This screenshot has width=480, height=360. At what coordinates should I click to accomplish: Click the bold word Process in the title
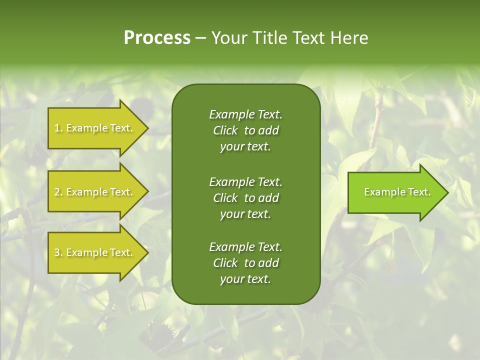pos(157,38)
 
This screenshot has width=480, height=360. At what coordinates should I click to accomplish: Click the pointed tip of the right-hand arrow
pos(447,192)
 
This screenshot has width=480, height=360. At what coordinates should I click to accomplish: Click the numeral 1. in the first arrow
pos(58,128)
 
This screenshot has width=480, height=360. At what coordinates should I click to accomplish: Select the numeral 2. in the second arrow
pos(58,192)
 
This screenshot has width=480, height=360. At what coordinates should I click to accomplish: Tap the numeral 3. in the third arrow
pos(58,253)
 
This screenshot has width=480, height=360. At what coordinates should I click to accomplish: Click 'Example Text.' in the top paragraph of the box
pos(245,114)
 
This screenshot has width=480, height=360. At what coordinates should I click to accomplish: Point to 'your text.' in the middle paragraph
pos(245,214)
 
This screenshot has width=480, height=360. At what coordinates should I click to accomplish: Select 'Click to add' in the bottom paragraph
pos(245,263)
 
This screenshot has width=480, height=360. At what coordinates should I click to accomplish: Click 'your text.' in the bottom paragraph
pos(245,279)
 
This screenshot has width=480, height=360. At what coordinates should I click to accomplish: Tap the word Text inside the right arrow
pos(419,192)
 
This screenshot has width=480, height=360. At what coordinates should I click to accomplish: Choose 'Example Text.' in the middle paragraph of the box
pos(245,181)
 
